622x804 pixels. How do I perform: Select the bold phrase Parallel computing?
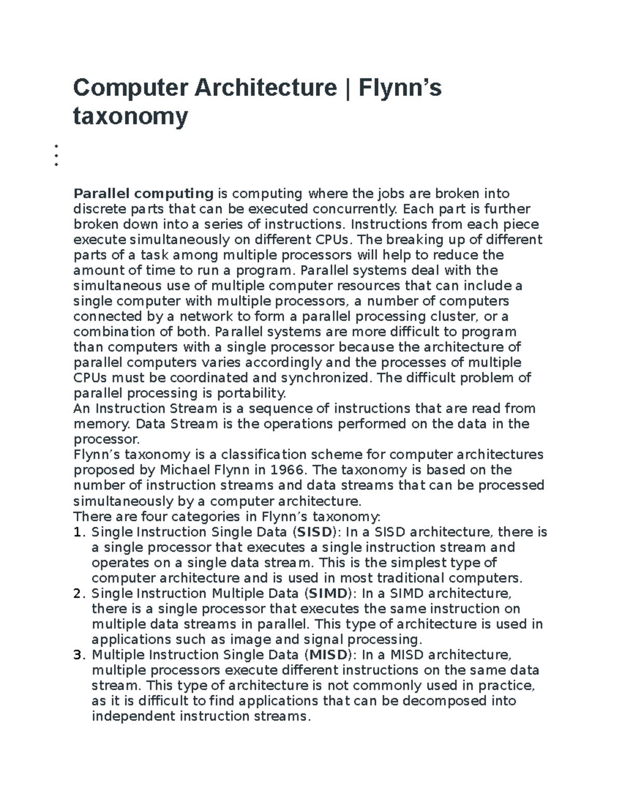144,194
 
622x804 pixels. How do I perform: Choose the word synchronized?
326,378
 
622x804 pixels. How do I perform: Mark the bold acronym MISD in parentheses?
329,655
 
